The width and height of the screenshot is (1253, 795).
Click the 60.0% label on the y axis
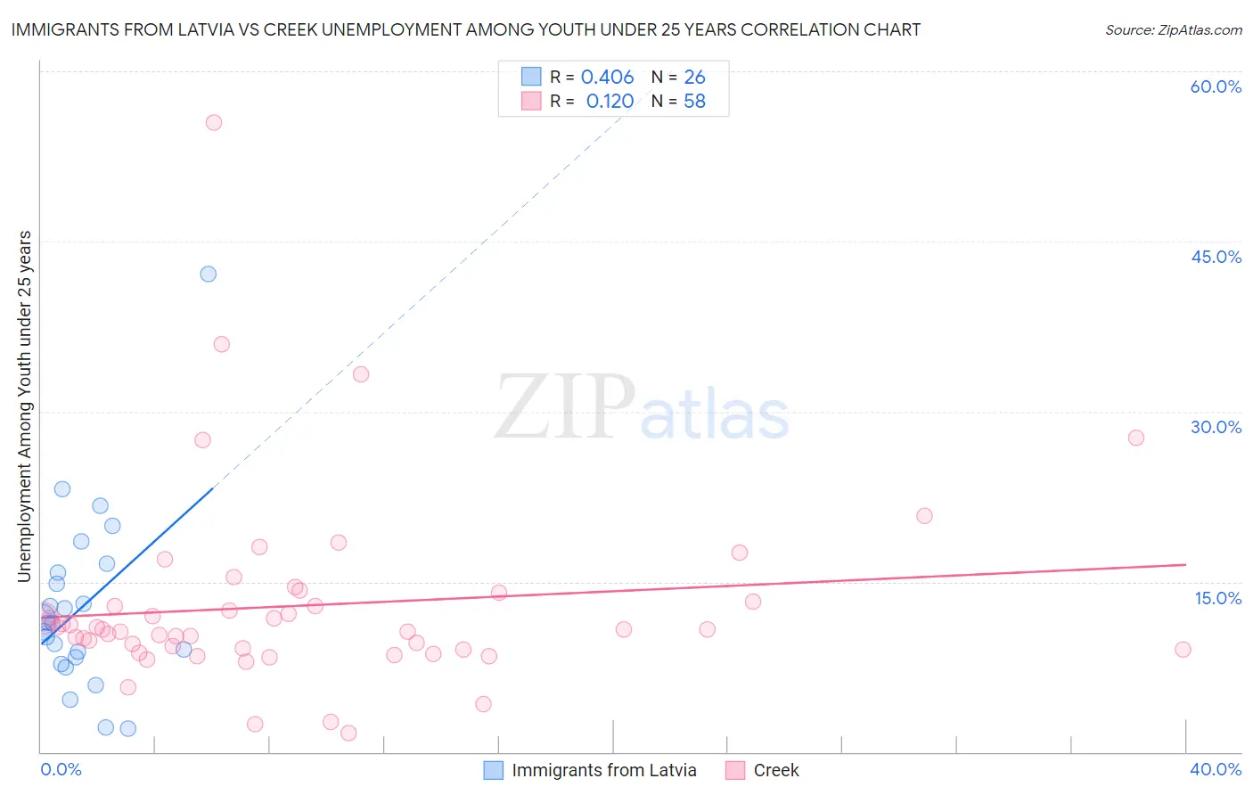1216,86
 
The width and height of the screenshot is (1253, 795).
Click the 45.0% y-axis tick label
1216,257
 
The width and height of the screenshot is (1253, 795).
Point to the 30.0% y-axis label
1216,427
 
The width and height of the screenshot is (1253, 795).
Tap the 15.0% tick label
1217,598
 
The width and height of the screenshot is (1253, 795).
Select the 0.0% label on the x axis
61,769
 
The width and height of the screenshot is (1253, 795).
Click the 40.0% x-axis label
1216,769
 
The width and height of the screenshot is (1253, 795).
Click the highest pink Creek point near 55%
214,123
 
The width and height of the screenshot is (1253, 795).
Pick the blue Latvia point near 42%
209,274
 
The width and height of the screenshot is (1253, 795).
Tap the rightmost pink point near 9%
1183,649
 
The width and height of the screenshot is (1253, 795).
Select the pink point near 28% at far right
1136,438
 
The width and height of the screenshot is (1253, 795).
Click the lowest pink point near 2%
348,733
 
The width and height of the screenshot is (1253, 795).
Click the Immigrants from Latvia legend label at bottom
604,770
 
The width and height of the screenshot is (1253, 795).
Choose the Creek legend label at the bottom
776,770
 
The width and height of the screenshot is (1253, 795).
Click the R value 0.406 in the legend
607,78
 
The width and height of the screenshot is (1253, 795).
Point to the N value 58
694,102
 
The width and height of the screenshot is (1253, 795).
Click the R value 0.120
610,102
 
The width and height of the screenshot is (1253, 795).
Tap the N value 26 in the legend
694,78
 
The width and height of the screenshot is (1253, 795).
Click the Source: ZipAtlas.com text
1173,30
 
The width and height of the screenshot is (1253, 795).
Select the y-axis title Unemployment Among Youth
25,406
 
